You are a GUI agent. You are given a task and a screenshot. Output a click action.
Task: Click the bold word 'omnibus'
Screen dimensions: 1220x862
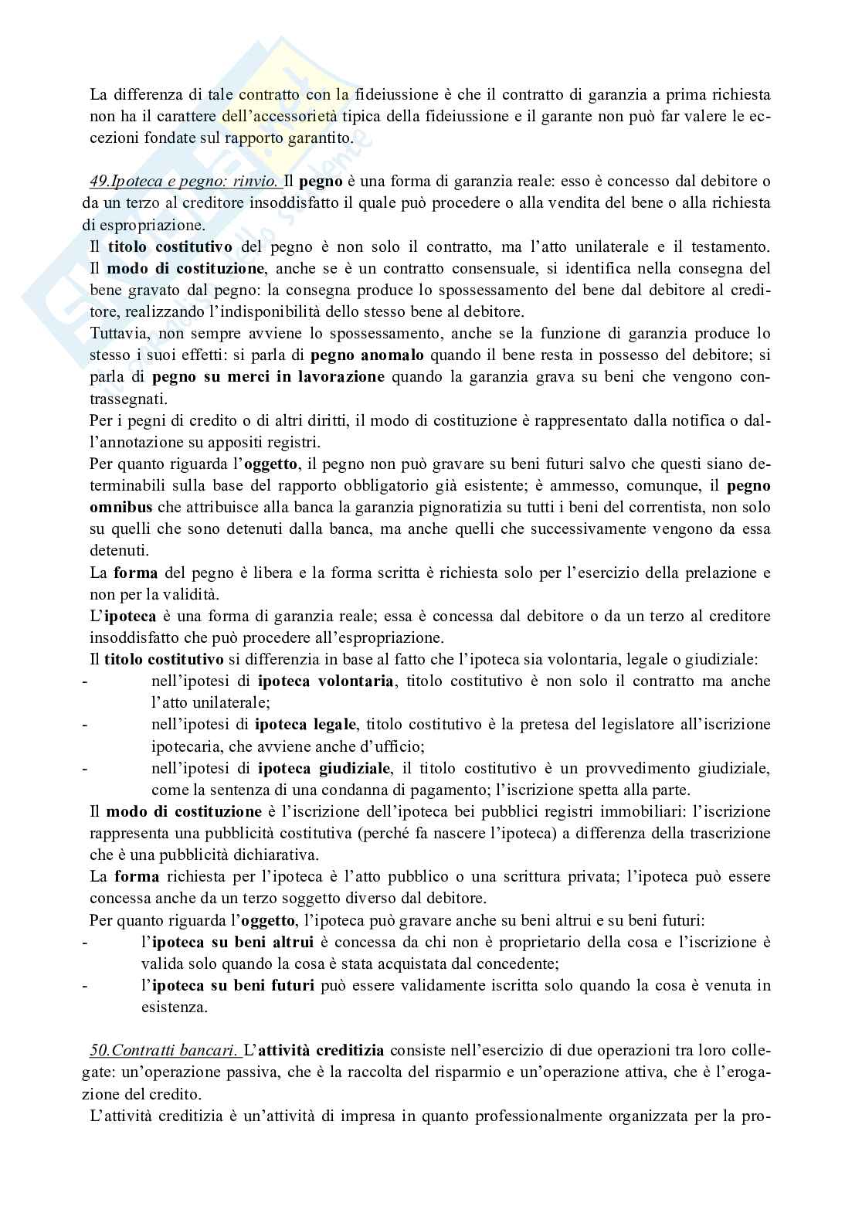120,508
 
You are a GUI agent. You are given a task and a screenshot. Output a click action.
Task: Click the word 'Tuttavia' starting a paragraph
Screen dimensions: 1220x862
115,334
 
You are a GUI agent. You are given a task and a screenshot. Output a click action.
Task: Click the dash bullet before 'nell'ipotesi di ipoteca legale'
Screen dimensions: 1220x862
84,725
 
